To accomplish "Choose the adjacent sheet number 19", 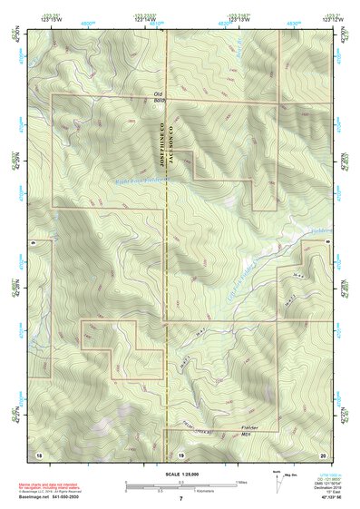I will click(180, 454).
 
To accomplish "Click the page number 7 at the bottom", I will click(180, 500).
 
